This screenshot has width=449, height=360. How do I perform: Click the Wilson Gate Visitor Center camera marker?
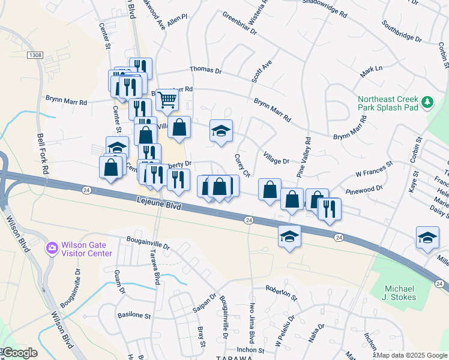click(52, 247)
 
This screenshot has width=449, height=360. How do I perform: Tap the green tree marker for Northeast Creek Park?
click(427, 103)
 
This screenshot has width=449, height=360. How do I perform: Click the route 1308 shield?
click(35, 55)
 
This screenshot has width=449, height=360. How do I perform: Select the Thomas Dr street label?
click(206, 70)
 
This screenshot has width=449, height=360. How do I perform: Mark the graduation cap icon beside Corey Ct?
click(221, 132)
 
